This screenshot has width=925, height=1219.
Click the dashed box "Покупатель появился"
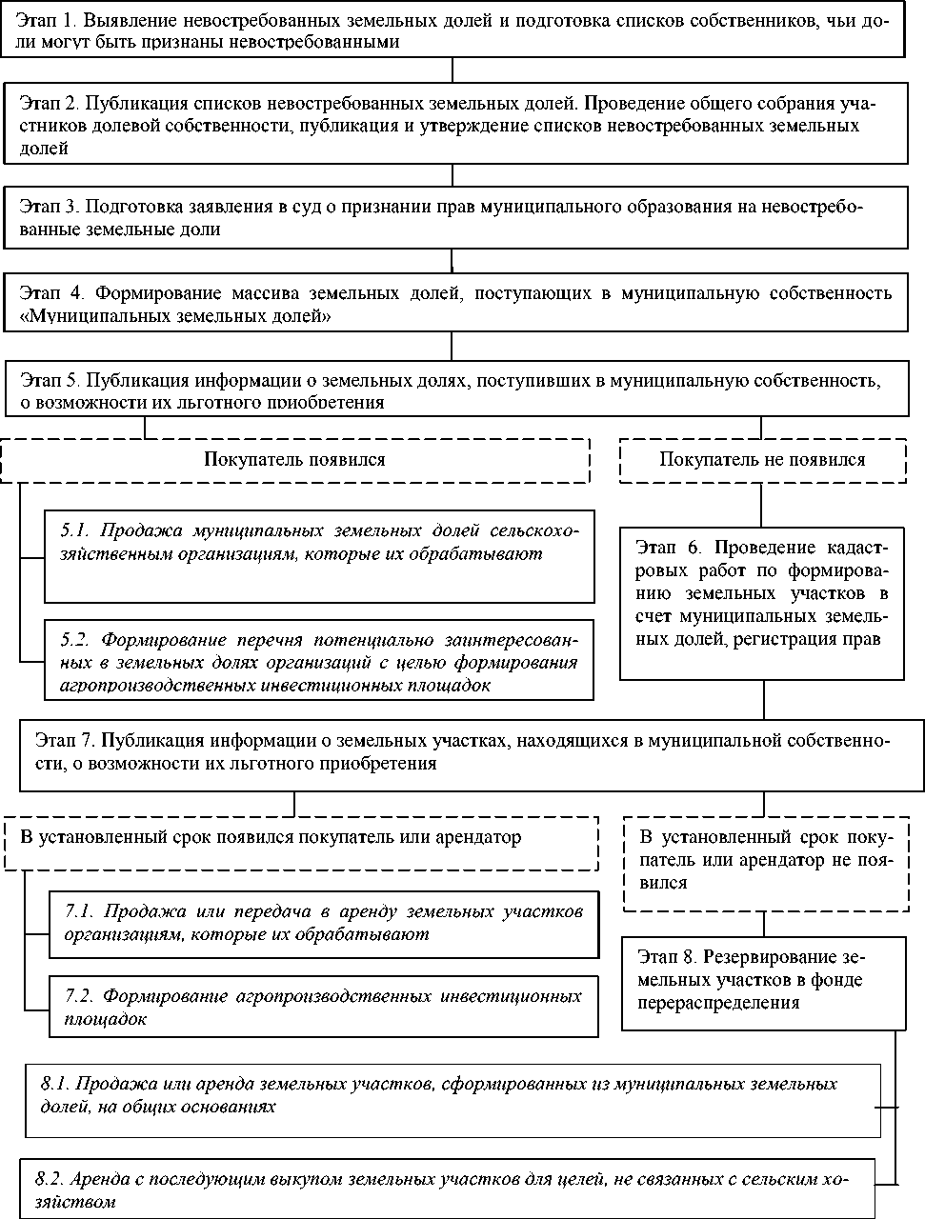(294, 460)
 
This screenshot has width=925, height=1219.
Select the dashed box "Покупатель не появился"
(762, 460)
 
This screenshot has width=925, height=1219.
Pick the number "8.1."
(55, 1084)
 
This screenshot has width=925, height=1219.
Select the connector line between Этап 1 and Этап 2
(452, 70)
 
